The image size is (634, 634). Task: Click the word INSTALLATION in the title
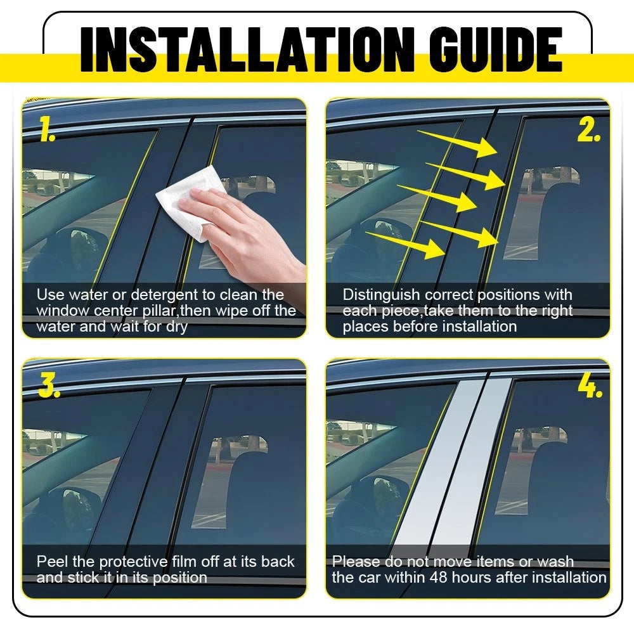point(247,49)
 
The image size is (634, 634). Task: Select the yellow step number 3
point(49,385)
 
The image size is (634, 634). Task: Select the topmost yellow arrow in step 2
point(457,143)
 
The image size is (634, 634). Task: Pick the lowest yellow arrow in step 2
point(405,244)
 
